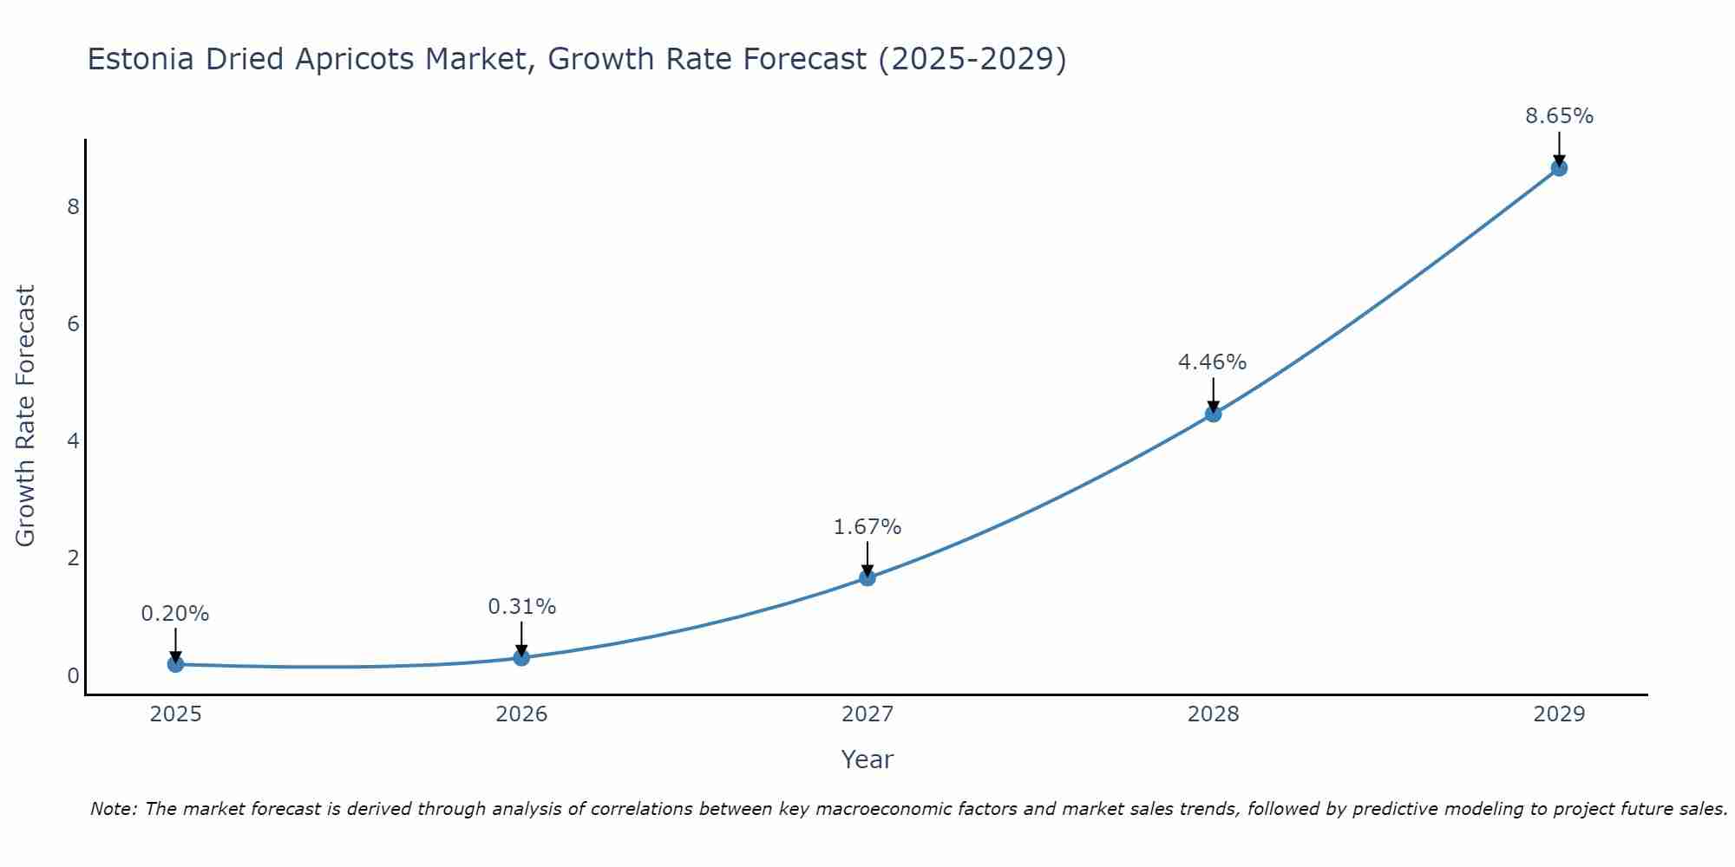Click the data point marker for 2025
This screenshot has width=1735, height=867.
tap(175, 664)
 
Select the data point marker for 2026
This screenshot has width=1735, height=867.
tap(521, 658)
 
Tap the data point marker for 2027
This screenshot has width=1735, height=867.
tap(867, 577)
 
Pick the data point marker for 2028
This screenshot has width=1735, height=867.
tap(1213, 414)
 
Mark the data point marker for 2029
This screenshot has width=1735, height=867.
tap(1559, 168)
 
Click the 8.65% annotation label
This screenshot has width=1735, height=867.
tap(1559, 116)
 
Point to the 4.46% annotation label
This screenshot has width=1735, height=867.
tap(1212, 362)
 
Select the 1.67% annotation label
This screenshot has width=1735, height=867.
tap(867, 527)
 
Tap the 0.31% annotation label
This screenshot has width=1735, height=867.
tap(521, 607)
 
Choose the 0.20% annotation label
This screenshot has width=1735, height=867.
tap(175, 614)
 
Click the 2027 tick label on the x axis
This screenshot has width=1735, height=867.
tap(867, 714)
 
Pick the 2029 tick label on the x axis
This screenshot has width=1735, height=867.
tap(1559, 714)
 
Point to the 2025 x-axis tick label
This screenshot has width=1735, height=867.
tap(175, 714)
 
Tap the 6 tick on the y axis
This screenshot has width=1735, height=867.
tap(73, 324)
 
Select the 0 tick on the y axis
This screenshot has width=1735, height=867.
tap(73, 675)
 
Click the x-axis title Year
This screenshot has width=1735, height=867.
tap(867, 759)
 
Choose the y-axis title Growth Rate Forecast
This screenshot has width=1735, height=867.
tap(26, 416)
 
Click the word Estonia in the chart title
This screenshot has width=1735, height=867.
tap(142, 60)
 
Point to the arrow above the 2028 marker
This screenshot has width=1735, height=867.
tap(1213, 394)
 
